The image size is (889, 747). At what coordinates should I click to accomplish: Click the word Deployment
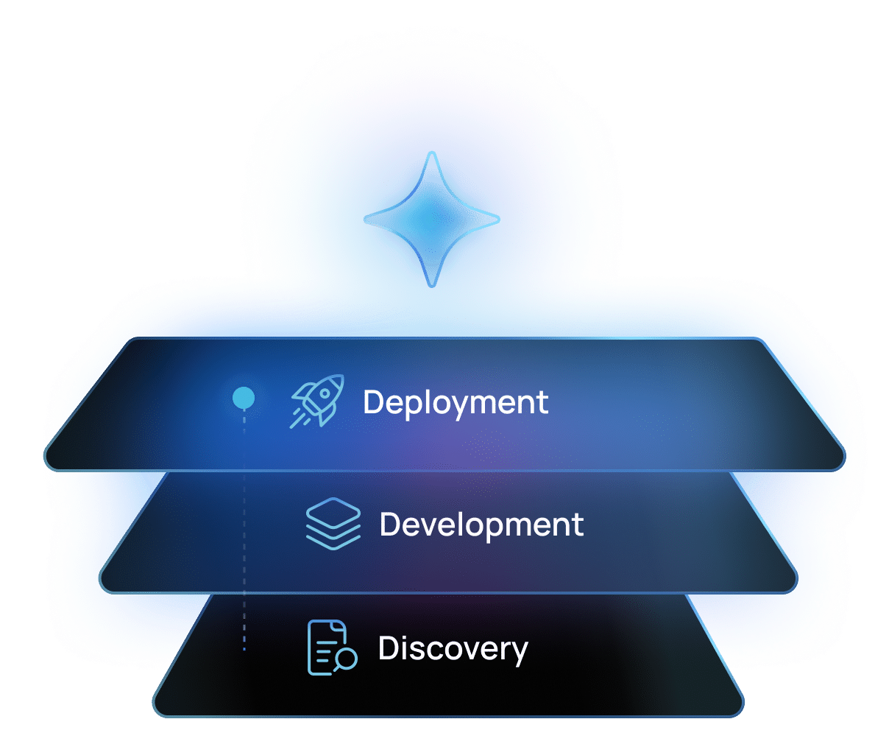[x=455, y=404]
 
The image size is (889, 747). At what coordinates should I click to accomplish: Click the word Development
[x=481, y=525]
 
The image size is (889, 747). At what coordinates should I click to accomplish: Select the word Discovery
[x=453, y=649]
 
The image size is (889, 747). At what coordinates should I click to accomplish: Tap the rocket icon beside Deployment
[x=316, y=401]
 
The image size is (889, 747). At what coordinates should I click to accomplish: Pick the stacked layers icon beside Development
[x=333, y=524]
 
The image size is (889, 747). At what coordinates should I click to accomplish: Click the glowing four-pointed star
[x=431, y=220]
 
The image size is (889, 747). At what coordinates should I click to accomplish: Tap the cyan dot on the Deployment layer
[x=244, y=398]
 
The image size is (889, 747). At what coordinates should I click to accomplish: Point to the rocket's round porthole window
[x=325, y=393]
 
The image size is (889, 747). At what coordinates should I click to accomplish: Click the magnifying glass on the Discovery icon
[x=346, y=659]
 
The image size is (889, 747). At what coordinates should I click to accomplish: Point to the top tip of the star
[x=432, y=152]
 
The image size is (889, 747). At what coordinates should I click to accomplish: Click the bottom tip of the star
[x=432, y=287]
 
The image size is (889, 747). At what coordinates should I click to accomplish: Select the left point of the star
[x=364, y=220]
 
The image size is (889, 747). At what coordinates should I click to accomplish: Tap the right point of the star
[x=499, y=220]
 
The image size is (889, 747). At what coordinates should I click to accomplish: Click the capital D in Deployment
[x=373, y=401]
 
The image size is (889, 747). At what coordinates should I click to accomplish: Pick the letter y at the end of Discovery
[x=518, y=653]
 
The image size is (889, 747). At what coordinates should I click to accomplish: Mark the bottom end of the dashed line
[x=244, y=650]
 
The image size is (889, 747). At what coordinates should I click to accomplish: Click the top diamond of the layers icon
[x=333, y=513]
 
